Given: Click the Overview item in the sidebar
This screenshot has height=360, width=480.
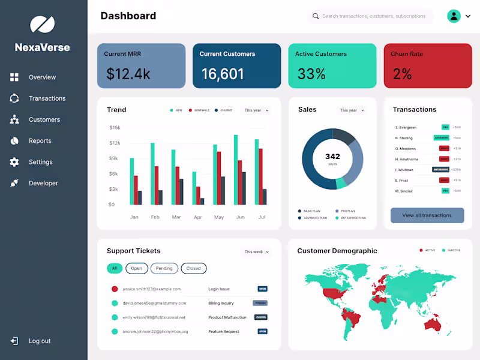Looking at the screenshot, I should pyautogui.click(x=42, y=77).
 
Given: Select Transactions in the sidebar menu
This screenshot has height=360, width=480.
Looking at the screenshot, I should pyautogui.click(x=47, y=98).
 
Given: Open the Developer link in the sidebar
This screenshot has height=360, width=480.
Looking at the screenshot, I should pyautogui.click(x=43, y=184).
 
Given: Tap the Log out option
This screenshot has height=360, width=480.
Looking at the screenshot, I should pyautogui.click(x=39, y=341).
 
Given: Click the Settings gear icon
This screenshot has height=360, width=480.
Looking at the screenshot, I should pyautogui.click(x=14, y=162).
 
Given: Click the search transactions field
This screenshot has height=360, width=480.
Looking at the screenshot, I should pyautogui.click(x=373, y=16).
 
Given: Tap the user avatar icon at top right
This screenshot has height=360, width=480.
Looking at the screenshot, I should pyautogui.click(x=454, y=16).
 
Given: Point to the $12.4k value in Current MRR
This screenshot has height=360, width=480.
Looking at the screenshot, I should pyautogui.click(x=128, y=74).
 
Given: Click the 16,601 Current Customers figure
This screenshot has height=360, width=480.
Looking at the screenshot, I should pyautogui.click(x=223, y=74).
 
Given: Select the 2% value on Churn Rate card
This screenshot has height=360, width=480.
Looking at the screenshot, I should pyautogui.click(x=402, y=74).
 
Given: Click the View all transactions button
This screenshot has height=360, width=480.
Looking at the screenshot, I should pyautogui.click(x=427, y=215).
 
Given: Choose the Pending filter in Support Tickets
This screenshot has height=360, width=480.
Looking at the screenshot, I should pyautogui.click(x=164, y=268).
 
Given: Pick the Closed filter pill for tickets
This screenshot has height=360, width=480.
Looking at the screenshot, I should pyautogui.click(x=193, y=268).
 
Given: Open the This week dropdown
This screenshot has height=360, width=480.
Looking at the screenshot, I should pyautogui.click(x=256, y=252).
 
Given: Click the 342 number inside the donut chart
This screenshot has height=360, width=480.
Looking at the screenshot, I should pyautogui.click(x=332, y=157).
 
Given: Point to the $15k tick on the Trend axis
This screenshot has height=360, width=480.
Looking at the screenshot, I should pyautogui.click(x=115, y=128).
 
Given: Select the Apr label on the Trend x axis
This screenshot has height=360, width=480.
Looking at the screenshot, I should pyautogui.click(x=198, y=217).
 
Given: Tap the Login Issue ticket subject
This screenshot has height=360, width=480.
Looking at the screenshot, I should pyautogui.click(x=219, y=289).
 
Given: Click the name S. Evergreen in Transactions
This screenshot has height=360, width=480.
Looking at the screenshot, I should pyautogui.click(x=406, y=127).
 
